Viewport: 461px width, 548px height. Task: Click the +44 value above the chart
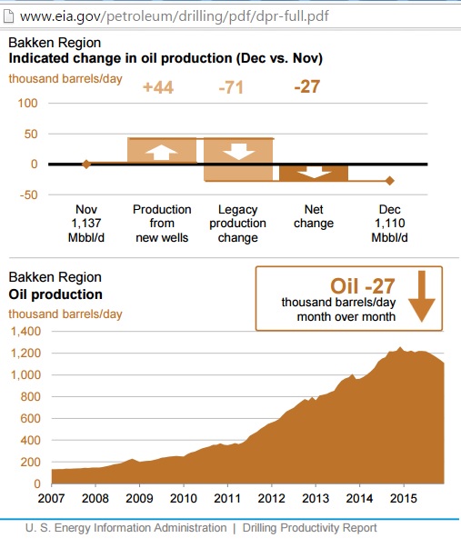tap(158, 87)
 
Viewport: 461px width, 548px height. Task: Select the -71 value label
tap(231, 87)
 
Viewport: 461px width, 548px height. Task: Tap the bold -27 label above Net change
tap(307, 86)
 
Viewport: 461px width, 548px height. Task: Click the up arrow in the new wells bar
tap(161, 153)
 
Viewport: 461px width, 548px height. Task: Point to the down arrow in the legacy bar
tap(238, 152)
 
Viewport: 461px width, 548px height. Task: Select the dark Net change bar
tap(314, 173)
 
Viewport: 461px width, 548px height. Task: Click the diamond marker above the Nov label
tap(86, 164)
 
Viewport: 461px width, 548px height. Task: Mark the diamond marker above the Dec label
tap(390, 181)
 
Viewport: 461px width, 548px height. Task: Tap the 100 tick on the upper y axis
tap(27, 103)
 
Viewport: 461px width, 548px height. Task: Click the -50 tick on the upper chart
tap(28, 194)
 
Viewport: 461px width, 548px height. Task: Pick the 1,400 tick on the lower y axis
tap(25, 331)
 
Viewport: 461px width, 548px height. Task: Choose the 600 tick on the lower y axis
tap(30, 418)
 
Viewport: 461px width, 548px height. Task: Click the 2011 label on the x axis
tap(227, 498)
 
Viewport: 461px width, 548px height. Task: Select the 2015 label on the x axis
tap(404, 498)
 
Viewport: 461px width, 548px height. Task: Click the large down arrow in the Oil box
tap(422, 296)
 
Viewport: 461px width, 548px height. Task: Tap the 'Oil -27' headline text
tap(363, 286)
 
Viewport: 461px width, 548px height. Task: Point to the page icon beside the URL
tap(8, 16)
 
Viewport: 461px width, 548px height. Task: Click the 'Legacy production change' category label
tap(238, 224)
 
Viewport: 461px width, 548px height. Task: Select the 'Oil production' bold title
tap(55, 294)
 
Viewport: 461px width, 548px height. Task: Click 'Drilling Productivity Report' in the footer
tap(309, 528)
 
